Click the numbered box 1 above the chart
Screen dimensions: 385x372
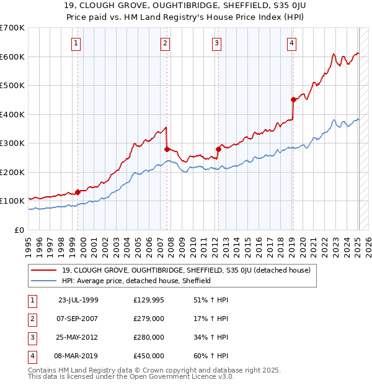76,43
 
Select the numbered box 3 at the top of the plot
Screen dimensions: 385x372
217,43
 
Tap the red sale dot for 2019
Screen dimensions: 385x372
293,99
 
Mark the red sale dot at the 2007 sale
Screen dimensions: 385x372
167,149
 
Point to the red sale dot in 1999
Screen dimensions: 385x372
78,192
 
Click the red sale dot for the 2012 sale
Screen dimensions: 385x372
218,149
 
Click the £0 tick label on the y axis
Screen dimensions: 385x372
20,230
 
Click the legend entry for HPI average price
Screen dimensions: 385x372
136,281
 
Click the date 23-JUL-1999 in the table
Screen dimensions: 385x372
78,300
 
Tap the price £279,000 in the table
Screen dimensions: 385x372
149,319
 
